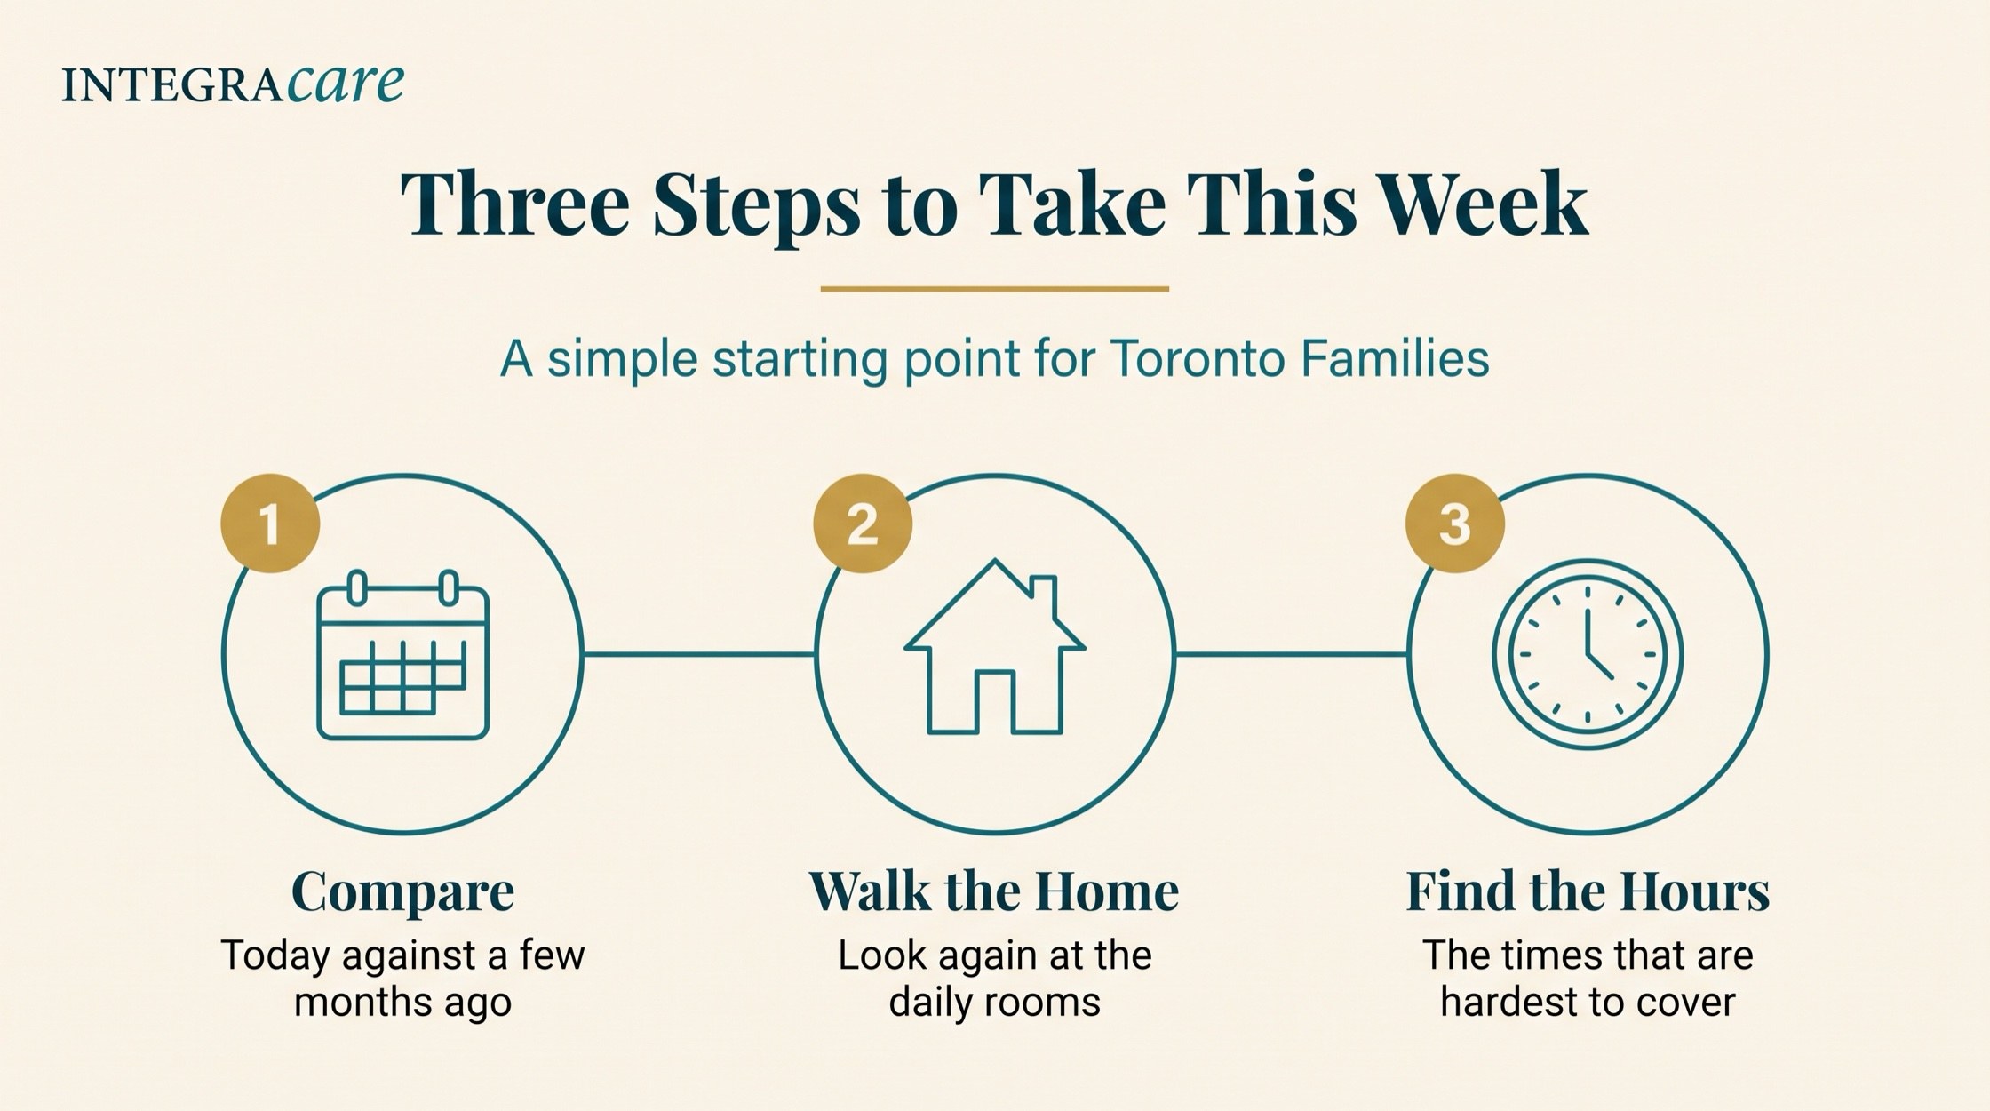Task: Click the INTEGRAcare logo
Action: click(x=233, y=84)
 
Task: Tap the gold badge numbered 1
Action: click(x=270, y=524)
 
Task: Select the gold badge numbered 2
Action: click(x=863, y=524)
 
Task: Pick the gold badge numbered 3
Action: click(x=1455, y=524)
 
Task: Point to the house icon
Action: click(x=995, y=647)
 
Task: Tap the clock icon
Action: click(x=1588, y=656)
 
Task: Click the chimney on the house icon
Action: click(x=1043, y=597)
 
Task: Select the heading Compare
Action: click(x=402, y=892)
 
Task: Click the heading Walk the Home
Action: click(x=994, y=891)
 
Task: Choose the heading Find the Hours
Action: click(x=1588, y=891)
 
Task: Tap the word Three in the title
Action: click(x=515, y=204)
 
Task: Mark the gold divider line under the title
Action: click(x=995, y=288)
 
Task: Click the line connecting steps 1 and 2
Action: click(x=699, y=655)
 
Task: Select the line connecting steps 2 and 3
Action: click(x=1291, y=655)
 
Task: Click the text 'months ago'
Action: click(x=402, y=1003)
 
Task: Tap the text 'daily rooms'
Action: click(x=995, y=1003)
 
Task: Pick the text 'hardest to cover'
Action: click(x=1588, y=1003)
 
